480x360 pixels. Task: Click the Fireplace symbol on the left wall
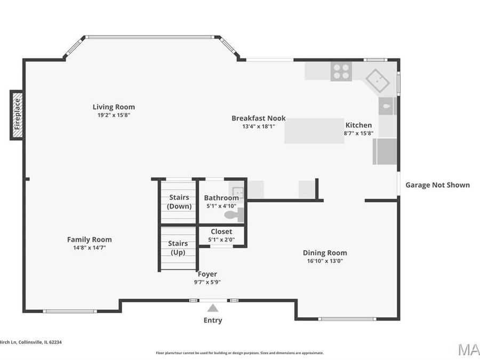click(x=17, y=115)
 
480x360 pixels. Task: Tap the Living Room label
click(x=114, y=107)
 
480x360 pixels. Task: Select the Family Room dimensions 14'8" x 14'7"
click(x=89, y=247)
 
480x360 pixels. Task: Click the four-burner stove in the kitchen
click(x=341, y=71)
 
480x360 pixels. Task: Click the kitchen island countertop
click(x=314, y=131)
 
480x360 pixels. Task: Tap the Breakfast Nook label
click(x=258, y=118)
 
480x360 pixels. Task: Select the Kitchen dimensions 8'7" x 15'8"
click(x=358, y=133)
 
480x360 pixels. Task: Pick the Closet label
click(x=221, y=231)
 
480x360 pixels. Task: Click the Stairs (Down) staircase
click(x=179, y=202)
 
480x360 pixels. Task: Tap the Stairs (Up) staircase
click(x=178, y=248)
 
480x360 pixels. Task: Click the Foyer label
click(x=207, y=274)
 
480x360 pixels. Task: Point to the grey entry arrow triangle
click(x=213, y=308)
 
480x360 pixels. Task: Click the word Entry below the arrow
click(x=213, y=321)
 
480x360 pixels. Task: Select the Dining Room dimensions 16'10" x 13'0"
click(x=325, y=261)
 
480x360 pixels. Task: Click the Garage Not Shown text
click(x=437, y=185)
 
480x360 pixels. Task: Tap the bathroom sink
click(x=237, y=191)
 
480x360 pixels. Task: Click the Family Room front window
click(x=70, y=311)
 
